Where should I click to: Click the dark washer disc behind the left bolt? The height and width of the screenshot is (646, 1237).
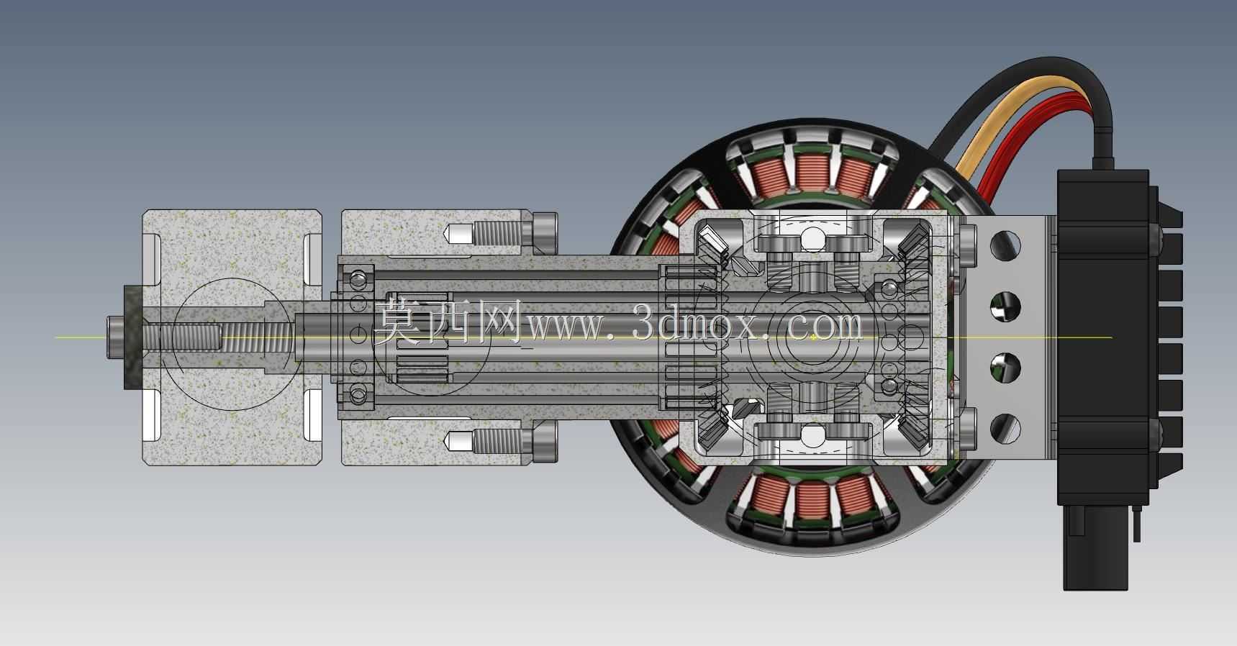(x=134, y=337)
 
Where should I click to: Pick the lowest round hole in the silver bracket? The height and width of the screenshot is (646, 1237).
(x=1005, y=429)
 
